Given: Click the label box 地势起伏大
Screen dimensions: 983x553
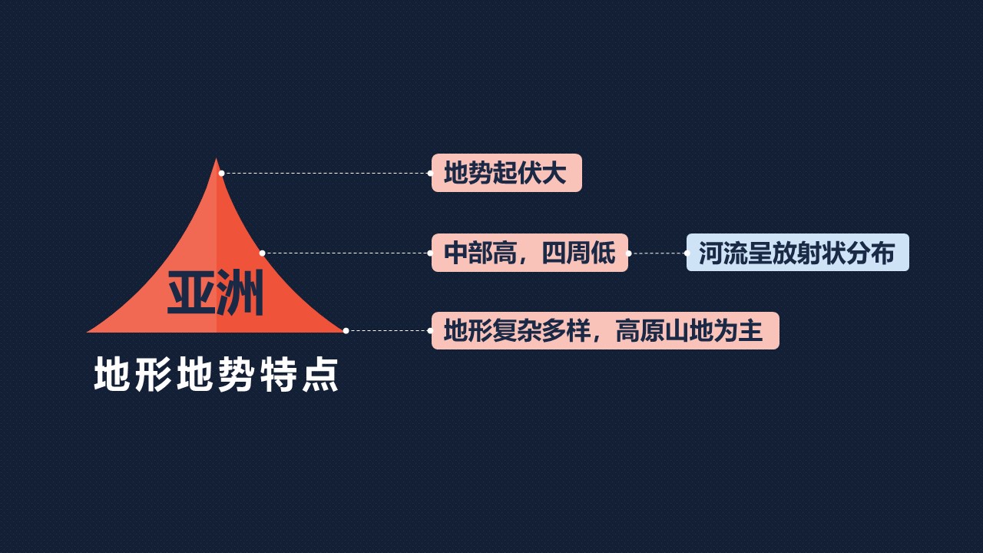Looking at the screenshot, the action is click(507, 173).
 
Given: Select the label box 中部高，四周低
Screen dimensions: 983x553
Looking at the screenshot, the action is click(530, 253).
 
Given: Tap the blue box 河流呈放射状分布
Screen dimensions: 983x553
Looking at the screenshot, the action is click(798, 253).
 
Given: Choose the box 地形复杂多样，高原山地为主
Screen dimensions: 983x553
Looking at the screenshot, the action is click(606, 330).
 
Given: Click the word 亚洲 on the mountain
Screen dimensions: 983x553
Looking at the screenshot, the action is click(216, 293).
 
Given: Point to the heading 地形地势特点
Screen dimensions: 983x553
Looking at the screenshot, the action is click(216, 374).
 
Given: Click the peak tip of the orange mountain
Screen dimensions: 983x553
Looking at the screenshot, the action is click(216, 158).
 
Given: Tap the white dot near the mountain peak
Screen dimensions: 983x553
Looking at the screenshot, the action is click(222, 174).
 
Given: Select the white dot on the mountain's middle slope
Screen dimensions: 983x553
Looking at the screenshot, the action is click(262, 253).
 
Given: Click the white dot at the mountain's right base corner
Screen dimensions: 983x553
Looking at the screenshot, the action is click(346, 331).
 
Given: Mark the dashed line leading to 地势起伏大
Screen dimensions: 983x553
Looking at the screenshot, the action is click(326, 174).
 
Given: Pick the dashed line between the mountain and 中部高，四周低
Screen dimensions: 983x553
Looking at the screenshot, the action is click(346, 253).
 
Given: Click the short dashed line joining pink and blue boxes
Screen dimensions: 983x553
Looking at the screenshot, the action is click(657, 253).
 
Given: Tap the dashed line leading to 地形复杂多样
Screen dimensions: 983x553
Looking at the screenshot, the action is click(388, 331).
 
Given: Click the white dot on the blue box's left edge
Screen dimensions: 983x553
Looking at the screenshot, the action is click(687, 253).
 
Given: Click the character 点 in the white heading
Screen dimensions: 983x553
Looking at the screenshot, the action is click(321, 374).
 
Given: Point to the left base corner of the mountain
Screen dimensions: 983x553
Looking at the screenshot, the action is click(88, 332).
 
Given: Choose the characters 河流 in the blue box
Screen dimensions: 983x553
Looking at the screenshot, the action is click(723, 253).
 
